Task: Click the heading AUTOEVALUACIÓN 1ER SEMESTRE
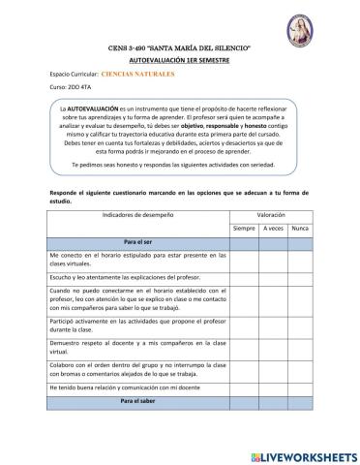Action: [180, 59]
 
